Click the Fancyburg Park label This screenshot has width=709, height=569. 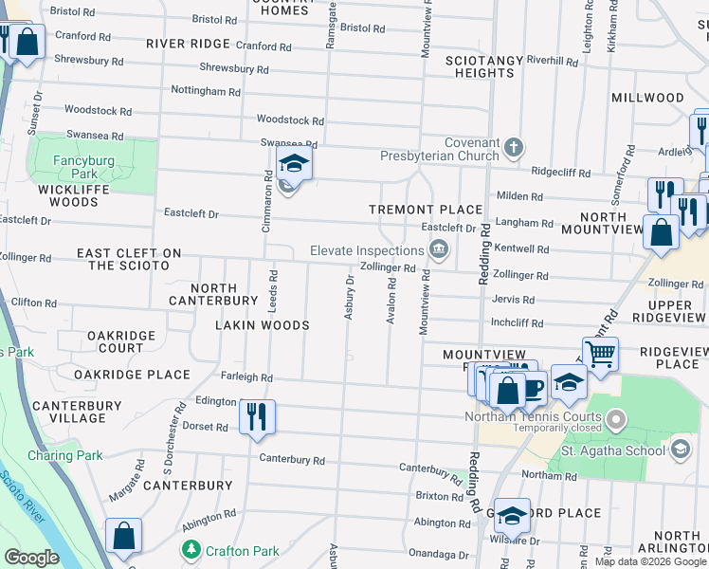(x=83, y=167)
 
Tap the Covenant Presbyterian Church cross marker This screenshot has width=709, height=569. (x=514, y=147)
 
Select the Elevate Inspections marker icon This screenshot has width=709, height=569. (x=439, y=250)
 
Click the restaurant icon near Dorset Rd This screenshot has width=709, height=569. (x=257, y=416)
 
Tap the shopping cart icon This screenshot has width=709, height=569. (x=600, y=355)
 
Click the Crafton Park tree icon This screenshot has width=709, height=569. (x=192, y=550)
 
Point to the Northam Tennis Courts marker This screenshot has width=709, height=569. (x=617, y=417)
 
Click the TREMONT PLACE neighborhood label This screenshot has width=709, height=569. (x=426, y=210)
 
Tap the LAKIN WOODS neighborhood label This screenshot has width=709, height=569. (x=263, y=325)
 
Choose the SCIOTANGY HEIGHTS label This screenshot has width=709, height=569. (x=484, y=66)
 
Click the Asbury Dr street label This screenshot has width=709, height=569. (x=349, y=298)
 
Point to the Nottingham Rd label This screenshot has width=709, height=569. (x=206, y=91)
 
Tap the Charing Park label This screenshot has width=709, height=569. (x=65, y=455)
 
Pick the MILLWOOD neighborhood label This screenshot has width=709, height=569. (x=647, y=98)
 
